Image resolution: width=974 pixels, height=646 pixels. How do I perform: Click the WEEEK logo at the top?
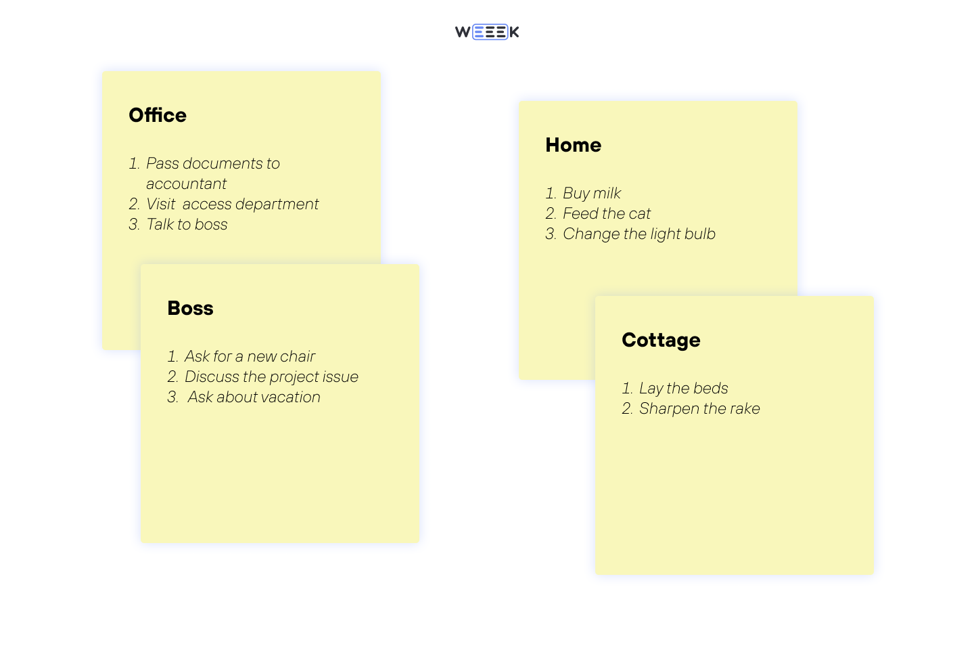pyautogui.click(x=487, y=32)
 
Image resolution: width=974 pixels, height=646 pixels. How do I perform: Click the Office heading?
pyautogui.click(x=158, y=115)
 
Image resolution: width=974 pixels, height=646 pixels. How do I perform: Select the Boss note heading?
pyautogui.click(x=190, y=308)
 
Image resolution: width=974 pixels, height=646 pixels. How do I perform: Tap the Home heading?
pyautogui.click(x=573, y=145)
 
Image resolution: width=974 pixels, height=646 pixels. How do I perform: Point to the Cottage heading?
pyautogui.click(x=661, y=340)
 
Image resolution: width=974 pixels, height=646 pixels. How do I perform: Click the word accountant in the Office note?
pyautogui.click(x=186, y=184)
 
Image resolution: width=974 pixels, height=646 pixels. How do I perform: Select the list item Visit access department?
pyautogui.click(x=232, y=204)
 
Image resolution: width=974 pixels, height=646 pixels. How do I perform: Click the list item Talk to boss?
pyautogui.click(x=187, y=225)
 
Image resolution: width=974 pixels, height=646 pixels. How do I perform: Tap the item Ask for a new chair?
pyautogui.click(x=250, y=357)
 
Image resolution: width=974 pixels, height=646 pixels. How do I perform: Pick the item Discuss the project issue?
pyautogui.click(x=271, y=377)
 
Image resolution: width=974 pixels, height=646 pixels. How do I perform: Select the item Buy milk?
pyautogui.click(x=591, y=194)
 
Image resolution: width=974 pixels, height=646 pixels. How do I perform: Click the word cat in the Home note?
pyautogui.click(x=639, y=214)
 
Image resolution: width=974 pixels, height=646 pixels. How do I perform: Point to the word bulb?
pyautogui.click(x=699, y=234)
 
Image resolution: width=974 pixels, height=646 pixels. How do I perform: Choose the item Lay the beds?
pyautogui.click(x=683, y=389)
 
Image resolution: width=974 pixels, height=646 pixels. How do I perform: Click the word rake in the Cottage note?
pyautogui.click(x=745, y=409)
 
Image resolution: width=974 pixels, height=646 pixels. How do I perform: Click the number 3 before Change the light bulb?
pyautogui.click(x=550, y=234)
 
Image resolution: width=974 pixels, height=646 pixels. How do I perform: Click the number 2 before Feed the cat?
pyautogui.click(x=550, y=214)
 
